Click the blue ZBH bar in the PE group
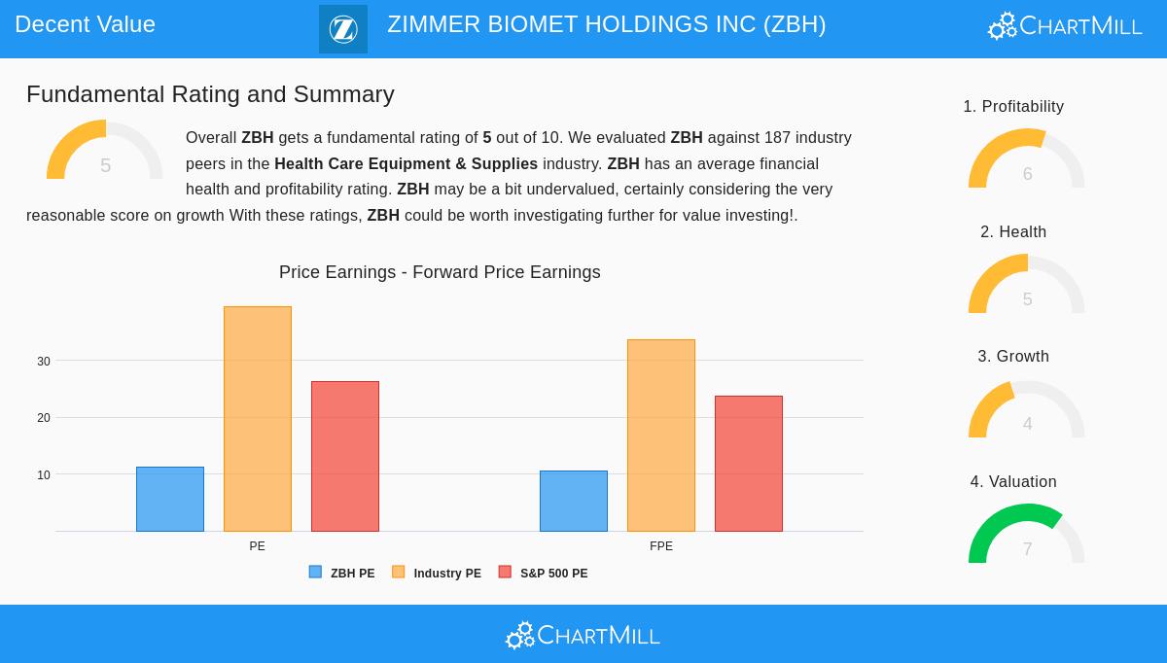click(x=170, y=500)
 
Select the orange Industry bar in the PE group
click(x=258, y=419)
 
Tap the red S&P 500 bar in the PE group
click(x=345, y=456)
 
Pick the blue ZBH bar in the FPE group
click(x=574, y=502)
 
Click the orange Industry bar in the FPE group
click(x=661, y=436)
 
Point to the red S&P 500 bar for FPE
click(x=749, y=464)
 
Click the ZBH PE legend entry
click(x=342, y=574)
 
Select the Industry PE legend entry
click(x=437, y=574)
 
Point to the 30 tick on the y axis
click(x=44, y=362)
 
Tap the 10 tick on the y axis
click(x=44, y=475)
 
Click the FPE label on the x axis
click(x=661, y=546)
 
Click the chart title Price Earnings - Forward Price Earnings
click(x=440, y=272)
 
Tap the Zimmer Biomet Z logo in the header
click(x=343, y=29)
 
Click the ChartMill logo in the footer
click(x=583, y=635)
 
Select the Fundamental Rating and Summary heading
click(x=210, y=94)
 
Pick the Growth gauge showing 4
click(x=1026, y=410)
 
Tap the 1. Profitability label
click(x=1013, y=107)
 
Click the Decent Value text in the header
click(x=86, y=24)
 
